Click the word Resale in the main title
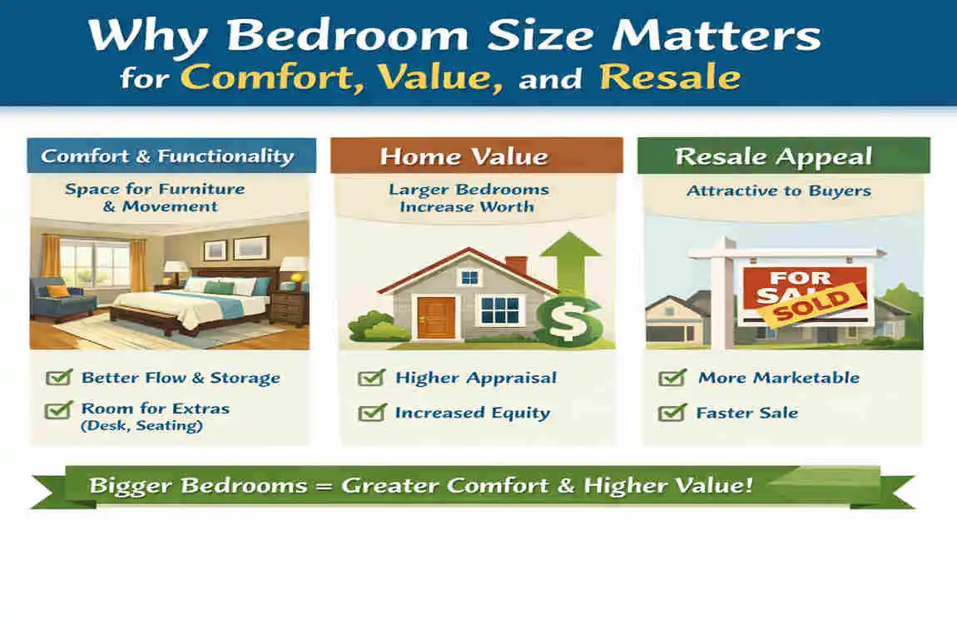click(669, 77)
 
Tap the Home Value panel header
click(476, 156)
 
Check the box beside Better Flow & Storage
click(58, 378)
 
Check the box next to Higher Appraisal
click(370, 379)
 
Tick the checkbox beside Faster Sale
click(671, 413)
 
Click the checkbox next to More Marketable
click(671, 379)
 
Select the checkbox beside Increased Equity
click(370, 413)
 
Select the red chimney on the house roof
click(515, 265)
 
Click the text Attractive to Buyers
click(778, 191)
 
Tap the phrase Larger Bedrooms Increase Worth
click(469, 198)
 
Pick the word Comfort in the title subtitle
click(272, 77)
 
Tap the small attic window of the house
click(469, 277)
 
